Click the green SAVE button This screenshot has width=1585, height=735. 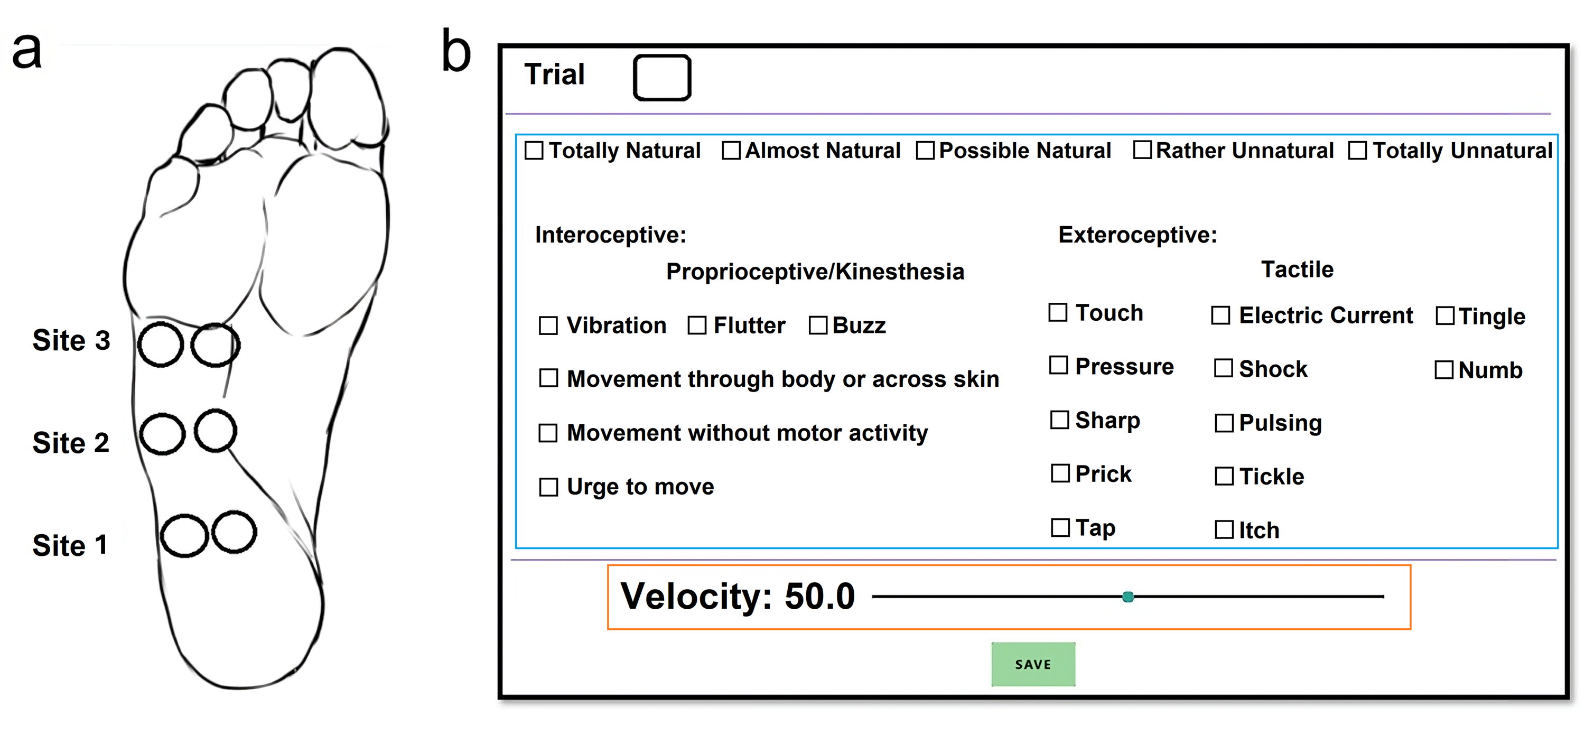pos(1033,664)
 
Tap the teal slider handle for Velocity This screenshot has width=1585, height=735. pos(1128,597)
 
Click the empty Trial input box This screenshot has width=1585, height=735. pos(662,78)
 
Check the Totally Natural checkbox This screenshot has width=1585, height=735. pos(534,151)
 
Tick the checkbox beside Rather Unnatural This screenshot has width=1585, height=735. pos(1143,150)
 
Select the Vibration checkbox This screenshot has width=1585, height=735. pos(548,325)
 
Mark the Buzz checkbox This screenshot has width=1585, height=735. pos(818,325)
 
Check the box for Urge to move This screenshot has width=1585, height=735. pos(548,487)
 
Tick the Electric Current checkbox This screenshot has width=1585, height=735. pos(1221,315)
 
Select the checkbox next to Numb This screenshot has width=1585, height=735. pos(1444,370)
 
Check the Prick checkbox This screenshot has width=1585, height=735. pos(1060,473)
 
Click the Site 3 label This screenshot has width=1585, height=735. pos(71,340)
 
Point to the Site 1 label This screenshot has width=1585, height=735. pos(70,545)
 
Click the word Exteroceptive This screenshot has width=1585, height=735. pos(1137,235)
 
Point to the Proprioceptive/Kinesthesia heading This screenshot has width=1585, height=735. pos(815,272)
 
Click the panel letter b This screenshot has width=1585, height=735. pos(456,51)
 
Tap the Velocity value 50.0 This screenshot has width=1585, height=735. pos(819,597)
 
